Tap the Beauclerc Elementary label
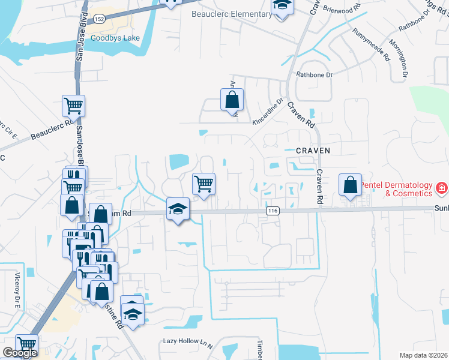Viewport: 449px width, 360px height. point(231,14)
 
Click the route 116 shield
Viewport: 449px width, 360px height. point(273,211)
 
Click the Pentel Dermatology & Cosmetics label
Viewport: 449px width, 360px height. point(400,189)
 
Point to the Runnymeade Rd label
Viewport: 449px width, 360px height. point(372,46)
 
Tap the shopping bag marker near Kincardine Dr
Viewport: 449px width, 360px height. point(232,100)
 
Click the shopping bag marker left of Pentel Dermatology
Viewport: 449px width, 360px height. point(350,185)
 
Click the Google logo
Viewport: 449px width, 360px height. point(20,353)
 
